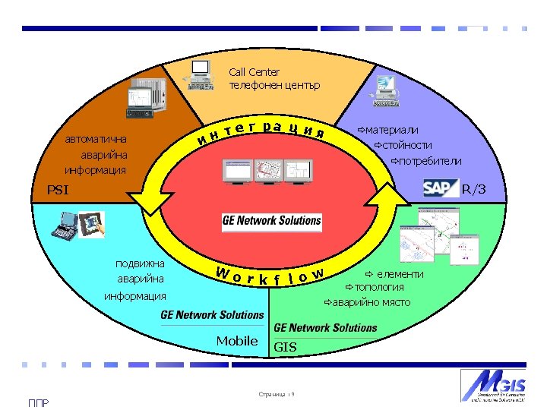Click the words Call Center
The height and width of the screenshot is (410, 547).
(x=255, y=73)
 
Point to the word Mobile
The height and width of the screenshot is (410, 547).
(x=237, y=341)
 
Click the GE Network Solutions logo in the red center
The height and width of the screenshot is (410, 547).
(x=272, y=222)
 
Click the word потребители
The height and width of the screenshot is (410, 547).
(x=426, y=161)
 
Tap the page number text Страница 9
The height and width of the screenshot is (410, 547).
(x=277, y=394)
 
